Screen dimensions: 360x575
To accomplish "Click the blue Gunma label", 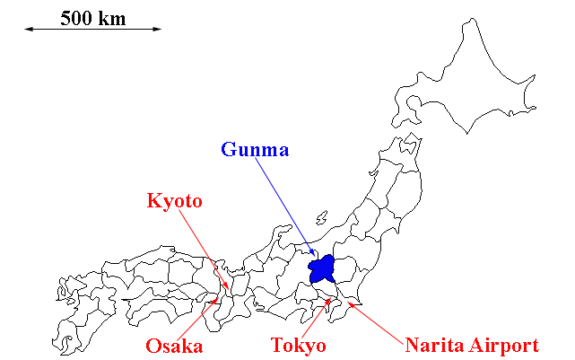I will [x=255, y=149].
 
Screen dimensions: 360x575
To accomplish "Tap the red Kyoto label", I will [x=175, y=201].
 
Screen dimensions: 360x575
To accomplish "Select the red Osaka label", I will [x=174, y=346].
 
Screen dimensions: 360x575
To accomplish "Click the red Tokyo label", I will [x=298, y=346].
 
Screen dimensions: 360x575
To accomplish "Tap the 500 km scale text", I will [x=93, y=17].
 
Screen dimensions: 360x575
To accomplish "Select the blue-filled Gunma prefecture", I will [x=321, y=268].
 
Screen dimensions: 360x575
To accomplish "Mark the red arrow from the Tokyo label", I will [x=317, y=319].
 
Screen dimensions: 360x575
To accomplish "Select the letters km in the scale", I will [x=114, y=17].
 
